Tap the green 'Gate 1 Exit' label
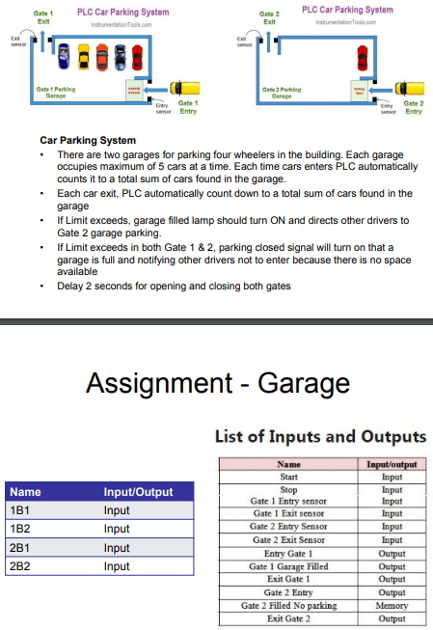[44, 15]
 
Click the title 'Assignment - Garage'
[217, 382]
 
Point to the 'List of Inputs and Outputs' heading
[319, 438]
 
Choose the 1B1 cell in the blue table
[18, 510]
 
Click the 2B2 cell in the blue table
[18, 566]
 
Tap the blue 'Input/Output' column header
[138, 492]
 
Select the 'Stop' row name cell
[289, 489]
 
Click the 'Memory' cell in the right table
[392, 605]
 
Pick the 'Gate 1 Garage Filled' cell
[289, 566]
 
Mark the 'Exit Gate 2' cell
[289, 617]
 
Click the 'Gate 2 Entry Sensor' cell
[289, 527]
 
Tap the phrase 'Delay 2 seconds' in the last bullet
[93, 285]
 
